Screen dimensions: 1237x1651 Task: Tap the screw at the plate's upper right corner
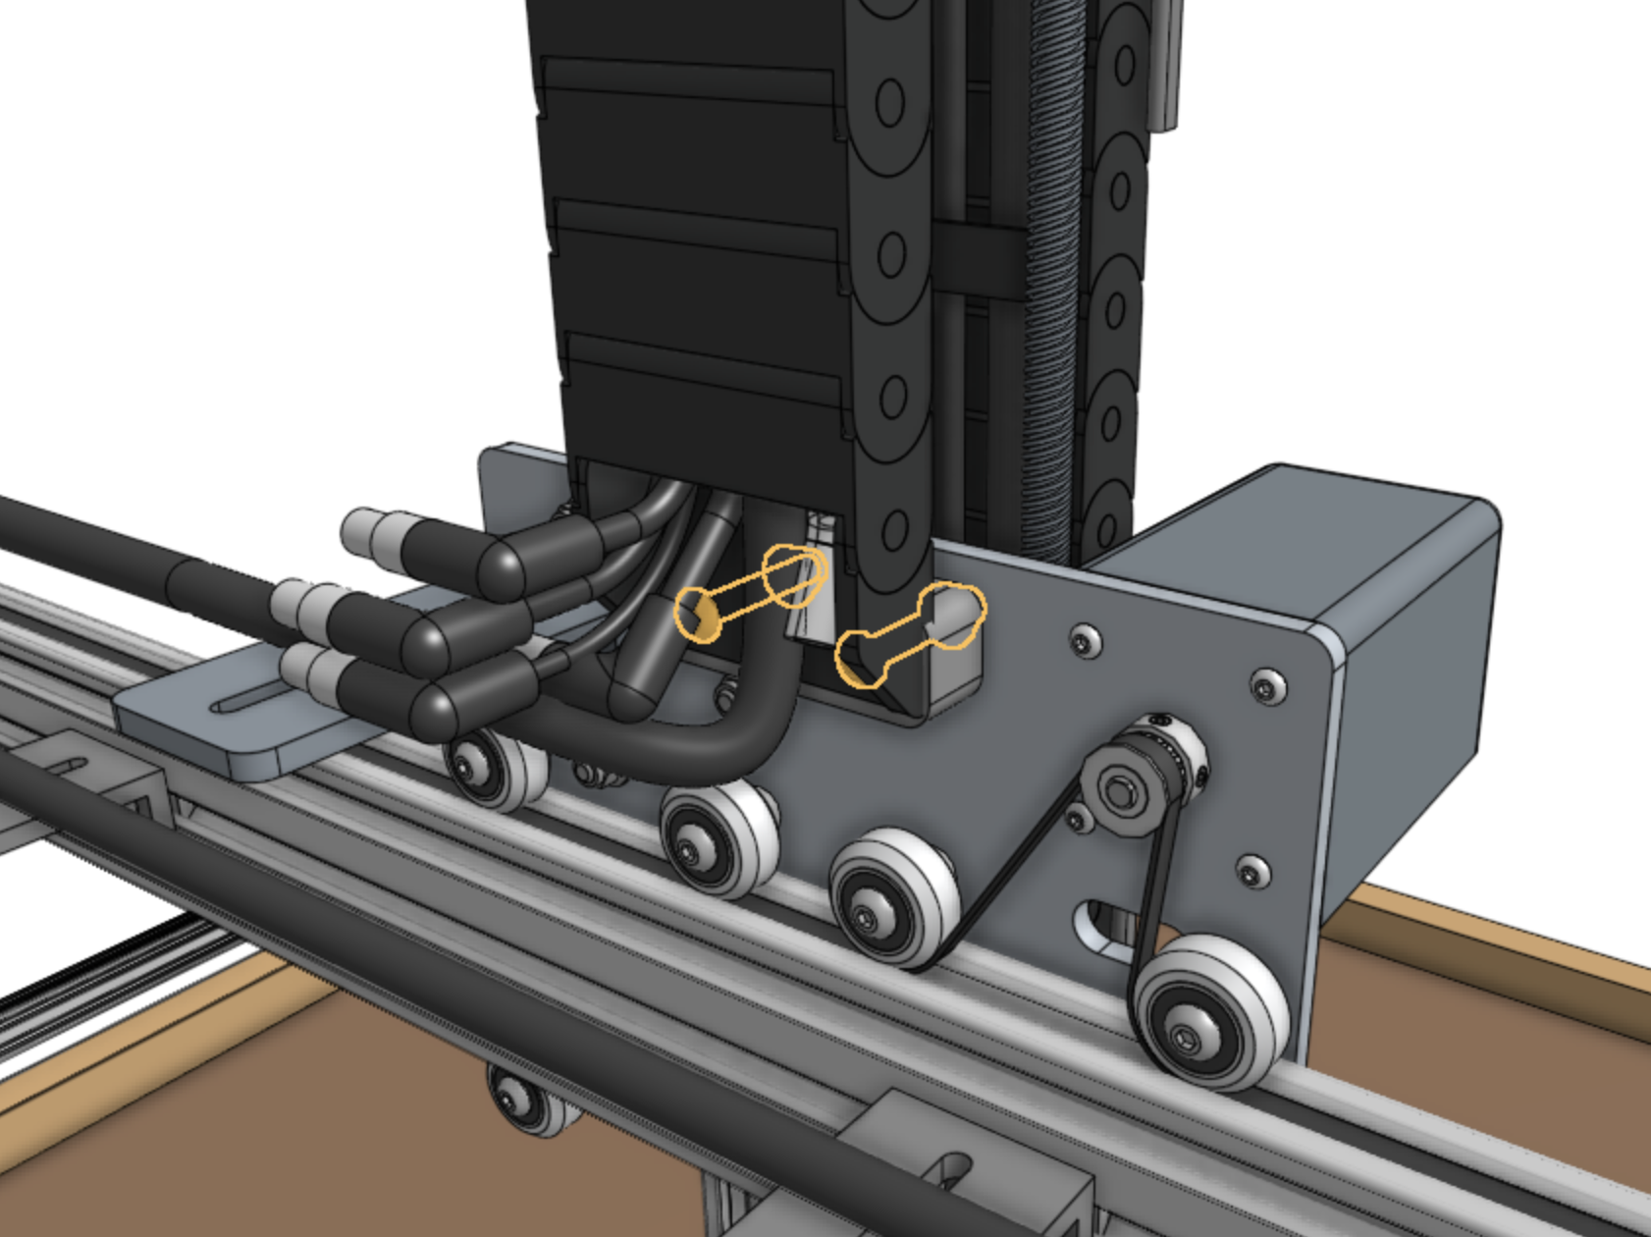(1266, 684)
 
